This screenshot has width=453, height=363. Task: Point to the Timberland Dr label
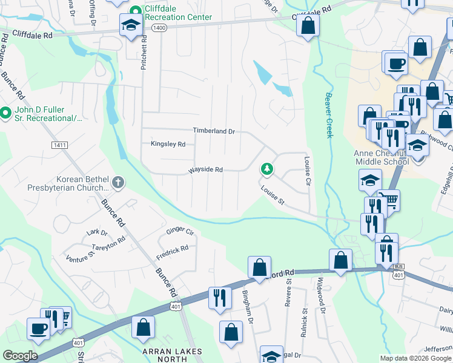(214, 131)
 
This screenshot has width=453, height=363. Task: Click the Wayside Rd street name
(206, 170)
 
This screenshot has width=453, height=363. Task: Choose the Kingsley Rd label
(168, 144)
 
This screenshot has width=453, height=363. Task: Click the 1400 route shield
(159, 28)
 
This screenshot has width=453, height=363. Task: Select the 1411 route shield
(59, 145)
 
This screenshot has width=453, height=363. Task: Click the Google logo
(19, 356)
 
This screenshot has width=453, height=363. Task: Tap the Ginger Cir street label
(180, 232)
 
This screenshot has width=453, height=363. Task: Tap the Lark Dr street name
(97, 232)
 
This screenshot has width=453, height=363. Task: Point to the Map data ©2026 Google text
(416, 358)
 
